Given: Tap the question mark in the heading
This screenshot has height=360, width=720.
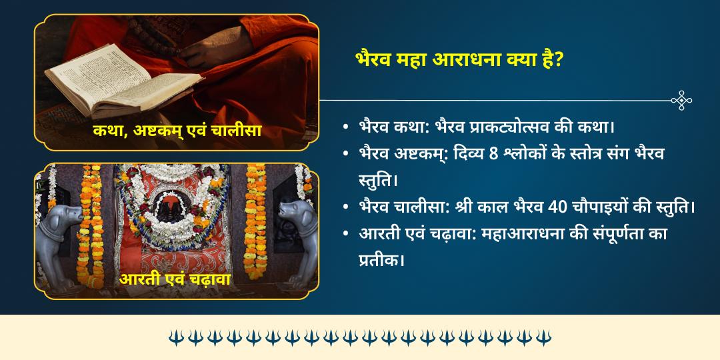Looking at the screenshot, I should tap(560, 59).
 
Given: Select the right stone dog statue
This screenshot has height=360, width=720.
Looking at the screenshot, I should tap(293, 240).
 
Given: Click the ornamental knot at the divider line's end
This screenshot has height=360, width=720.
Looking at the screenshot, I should tap(681, 100).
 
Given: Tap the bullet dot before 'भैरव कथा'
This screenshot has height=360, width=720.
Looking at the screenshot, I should tap(345, 127).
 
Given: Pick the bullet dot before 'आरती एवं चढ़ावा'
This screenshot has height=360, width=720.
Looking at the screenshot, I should tap(345, 233).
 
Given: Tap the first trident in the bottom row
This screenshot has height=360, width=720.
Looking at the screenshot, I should tap(175, 337).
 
